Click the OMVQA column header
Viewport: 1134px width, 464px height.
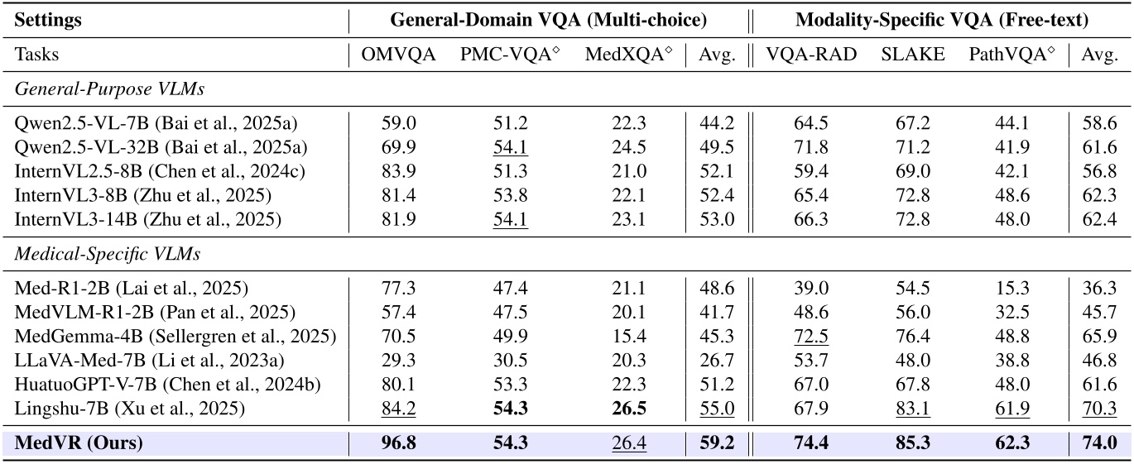pos(399,55)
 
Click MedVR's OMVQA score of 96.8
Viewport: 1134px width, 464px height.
pos(399,443)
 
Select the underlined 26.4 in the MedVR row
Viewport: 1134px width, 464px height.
pos(628,443)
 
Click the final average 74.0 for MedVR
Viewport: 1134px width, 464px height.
pos(1099,443)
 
